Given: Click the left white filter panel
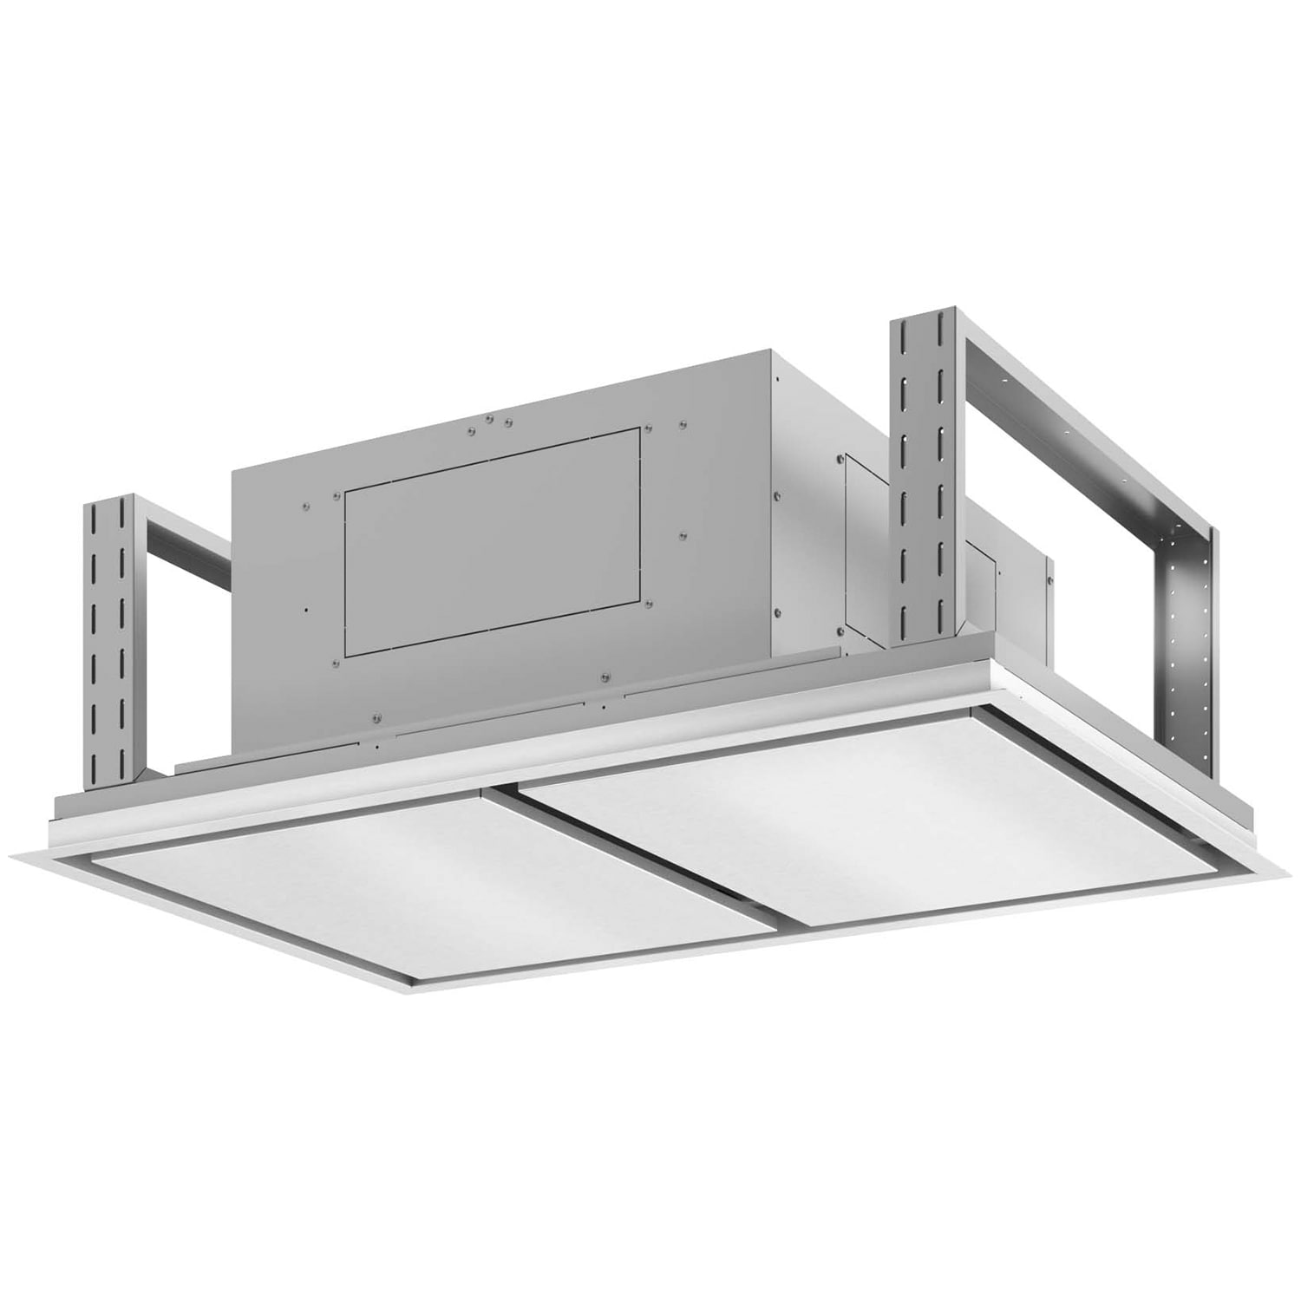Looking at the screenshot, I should coord(434,867).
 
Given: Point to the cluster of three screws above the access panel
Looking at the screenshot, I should coord(490,423).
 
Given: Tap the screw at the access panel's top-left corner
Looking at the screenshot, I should coord(337,495).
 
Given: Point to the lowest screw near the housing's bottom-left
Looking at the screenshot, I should coord(375,718).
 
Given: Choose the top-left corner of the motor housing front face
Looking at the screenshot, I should coord(232,474).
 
